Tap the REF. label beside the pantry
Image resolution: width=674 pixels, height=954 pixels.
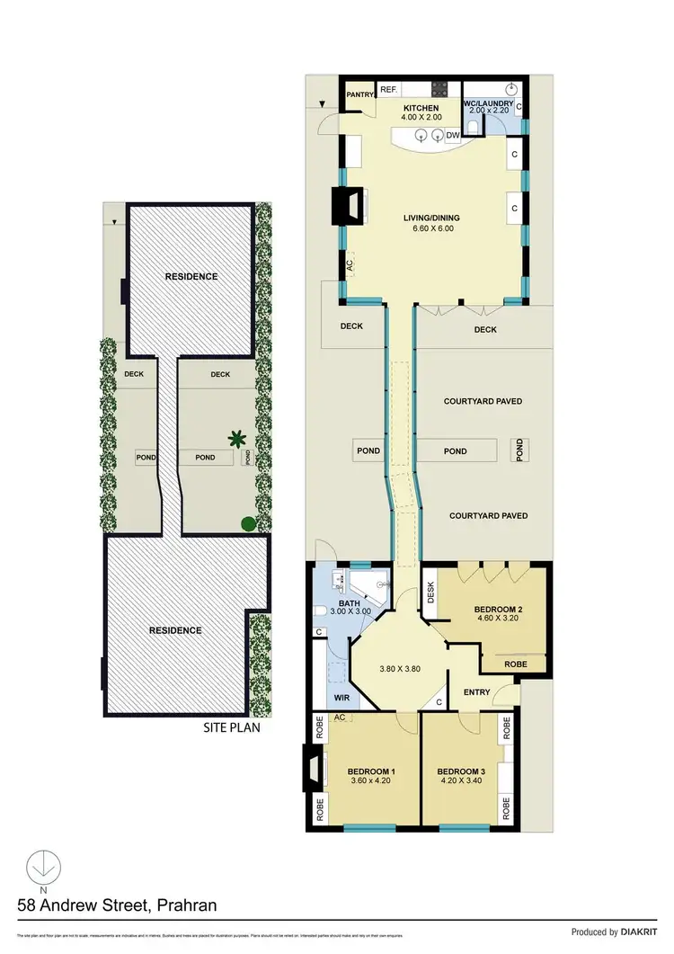click(x=388, y=90)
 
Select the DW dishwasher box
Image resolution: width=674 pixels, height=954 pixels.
click(x=453, y=136)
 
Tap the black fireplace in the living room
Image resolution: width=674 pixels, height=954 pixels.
click(x=345, y=206)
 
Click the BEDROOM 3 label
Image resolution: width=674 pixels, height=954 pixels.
click(x=463, y=772)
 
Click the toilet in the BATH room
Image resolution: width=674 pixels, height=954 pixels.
click(x=321, y=611)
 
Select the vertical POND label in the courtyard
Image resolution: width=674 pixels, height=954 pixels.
click(x=519, y=450)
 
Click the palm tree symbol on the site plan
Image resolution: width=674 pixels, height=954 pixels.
click(x=237, y=439)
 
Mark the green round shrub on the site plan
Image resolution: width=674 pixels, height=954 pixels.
click(x=247, y=522)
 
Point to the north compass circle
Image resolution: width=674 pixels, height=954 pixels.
click(x=40, y=869)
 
